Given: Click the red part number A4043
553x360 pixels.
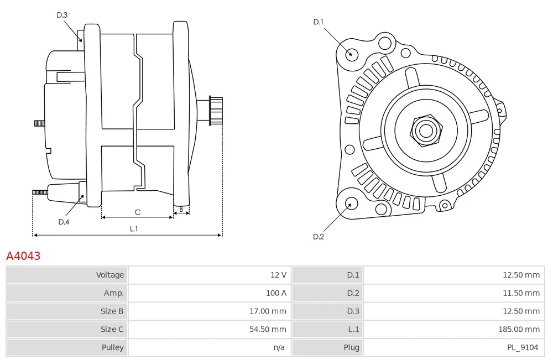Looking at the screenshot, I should (23, 256).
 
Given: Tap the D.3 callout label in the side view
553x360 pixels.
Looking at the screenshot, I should (62, 15).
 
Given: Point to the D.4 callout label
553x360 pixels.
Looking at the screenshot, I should (64, 222).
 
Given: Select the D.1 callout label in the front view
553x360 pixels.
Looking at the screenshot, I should (318, 22).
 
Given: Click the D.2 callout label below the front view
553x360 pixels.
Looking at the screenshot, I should (318, 237).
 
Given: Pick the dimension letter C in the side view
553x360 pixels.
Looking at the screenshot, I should (137, 212).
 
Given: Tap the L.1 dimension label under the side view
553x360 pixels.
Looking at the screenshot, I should (133, 228).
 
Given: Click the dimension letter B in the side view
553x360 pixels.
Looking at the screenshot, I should (181, 210).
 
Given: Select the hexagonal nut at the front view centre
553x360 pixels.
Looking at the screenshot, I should (426, 131).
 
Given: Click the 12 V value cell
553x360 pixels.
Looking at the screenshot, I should (278, 275).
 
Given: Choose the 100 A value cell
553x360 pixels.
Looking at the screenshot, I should (276, 293).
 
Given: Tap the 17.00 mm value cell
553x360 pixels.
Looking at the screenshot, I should (268, 311).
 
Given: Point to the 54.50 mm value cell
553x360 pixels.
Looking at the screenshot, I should (268, 330).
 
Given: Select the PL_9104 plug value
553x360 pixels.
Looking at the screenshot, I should (523, 348).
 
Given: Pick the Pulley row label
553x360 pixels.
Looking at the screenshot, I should (113, 348).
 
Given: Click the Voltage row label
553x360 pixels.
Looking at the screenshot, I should (110, 275).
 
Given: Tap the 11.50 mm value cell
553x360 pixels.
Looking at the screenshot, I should (521, 293).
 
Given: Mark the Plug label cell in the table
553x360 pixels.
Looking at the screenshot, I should (351, 348).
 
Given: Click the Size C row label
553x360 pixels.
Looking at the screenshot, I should (112, 330).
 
